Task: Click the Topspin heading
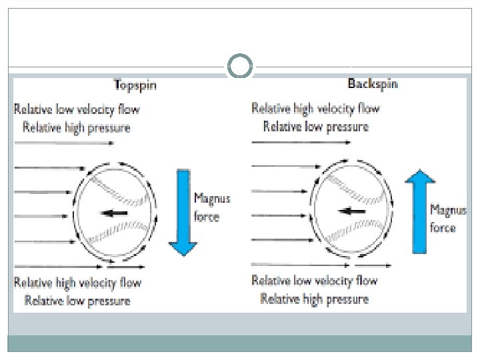[141, 85]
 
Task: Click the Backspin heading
[373, 85]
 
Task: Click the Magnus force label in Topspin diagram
[207, 207]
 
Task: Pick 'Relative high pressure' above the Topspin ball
[77, 127]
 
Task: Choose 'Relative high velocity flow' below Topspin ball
[78, 283]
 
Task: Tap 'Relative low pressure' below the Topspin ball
[77, 301]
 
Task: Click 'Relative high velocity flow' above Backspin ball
[315, 108]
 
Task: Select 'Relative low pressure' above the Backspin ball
[315, 126]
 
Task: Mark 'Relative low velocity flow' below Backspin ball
[315, 281]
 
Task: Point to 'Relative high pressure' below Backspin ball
[315, 299]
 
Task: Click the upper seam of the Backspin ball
[357, 190]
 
